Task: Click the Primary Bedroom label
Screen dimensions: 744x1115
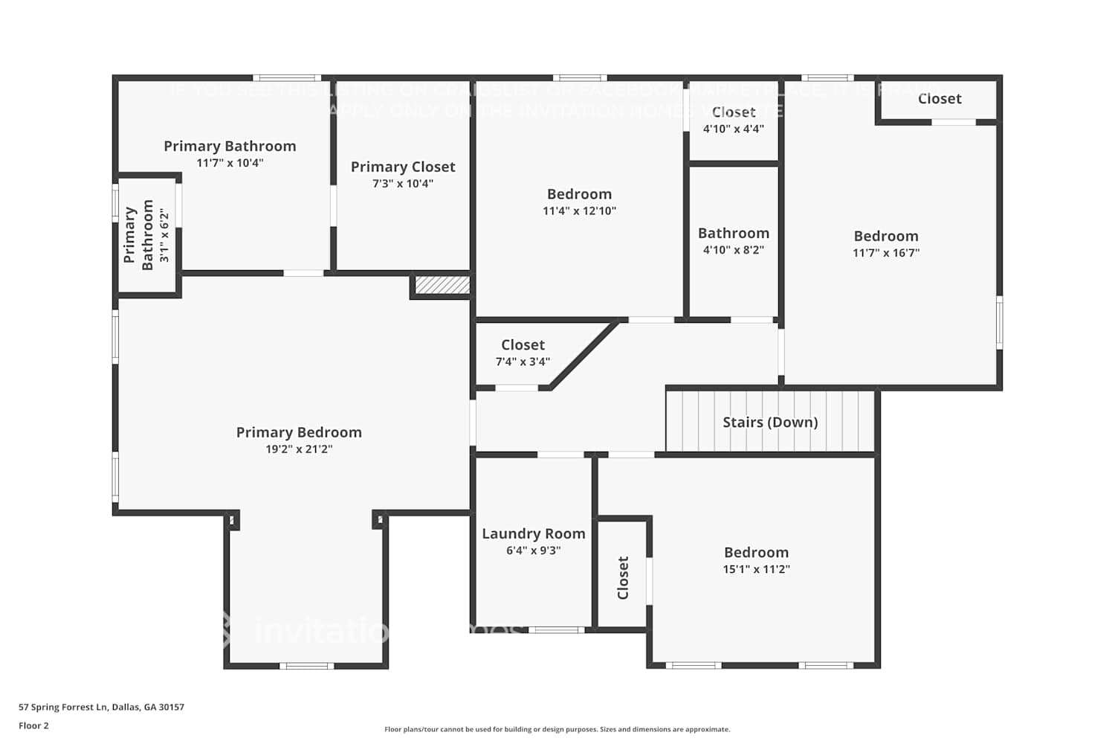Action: click(x=299, y=432)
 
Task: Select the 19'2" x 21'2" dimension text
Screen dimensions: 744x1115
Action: click(x=299, y=449)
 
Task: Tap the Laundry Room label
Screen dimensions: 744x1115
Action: click(x=533, y=533)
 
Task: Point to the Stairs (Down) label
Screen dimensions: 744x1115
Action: click(x=770, y=422)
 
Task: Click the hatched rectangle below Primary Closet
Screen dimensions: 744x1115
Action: click(x=442, y=285)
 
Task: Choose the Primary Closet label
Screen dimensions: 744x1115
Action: click(x=403, y=167)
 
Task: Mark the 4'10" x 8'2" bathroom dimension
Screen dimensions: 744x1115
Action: click(x=733, y=250)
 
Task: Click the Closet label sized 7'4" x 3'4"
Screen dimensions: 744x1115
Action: click(x=523, y=344)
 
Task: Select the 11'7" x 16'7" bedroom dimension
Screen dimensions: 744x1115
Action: click(x=885, y=253)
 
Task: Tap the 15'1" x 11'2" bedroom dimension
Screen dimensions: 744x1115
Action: click(x=756, y=569)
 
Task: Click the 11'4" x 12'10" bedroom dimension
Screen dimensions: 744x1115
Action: click(x=579, y=211)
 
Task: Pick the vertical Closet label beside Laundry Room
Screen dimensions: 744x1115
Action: click(x=623, y=577)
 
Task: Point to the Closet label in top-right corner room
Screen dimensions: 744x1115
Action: click(x=939, y=99)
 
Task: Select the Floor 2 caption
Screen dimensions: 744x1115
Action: click(x=33, y=726)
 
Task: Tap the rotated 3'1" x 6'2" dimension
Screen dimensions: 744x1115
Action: click(x=164, y=235)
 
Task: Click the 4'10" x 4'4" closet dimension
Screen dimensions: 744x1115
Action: click(x=733, y=129)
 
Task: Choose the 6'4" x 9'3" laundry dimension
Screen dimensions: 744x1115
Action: click(x=533, y=551)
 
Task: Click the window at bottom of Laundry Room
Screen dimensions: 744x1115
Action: click(x=556, y=630)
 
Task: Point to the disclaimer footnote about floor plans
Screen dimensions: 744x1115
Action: click(x=557, y=730)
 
